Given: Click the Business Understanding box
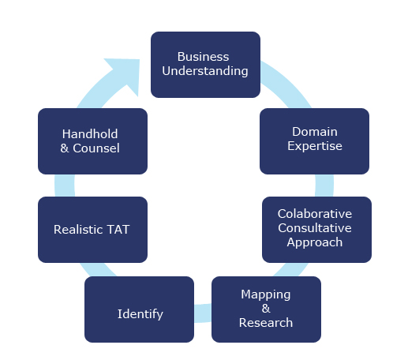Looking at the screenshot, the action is coord(205,65).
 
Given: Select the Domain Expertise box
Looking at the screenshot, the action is coord(314,141).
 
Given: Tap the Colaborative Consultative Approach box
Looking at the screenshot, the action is coord(316,230).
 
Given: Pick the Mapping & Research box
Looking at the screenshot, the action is coord(266,309).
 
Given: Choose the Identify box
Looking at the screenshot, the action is coord(139,309).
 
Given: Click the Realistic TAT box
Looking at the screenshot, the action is coord(92,230).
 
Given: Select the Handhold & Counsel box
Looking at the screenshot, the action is coord(92,141).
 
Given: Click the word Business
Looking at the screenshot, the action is coord(203,57).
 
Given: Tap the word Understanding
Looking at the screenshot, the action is coord(205,71).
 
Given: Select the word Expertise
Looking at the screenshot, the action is coord(315,146).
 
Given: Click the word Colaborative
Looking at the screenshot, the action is coord(315,214).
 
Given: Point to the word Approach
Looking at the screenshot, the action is coord(315,242).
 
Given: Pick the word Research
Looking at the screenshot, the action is coord(266,323).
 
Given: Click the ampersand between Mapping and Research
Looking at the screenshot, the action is coord(266,309).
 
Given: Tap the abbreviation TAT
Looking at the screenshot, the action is coord(118,230).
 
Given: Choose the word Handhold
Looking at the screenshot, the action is coord(90,134).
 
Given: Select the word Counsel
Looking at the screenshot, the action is coord(96,148).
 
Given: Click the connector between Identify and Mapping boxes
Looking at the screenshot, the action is coord(203,313).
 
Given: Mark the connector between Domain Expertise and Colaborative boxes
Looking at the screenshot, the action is coord(324,186).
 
